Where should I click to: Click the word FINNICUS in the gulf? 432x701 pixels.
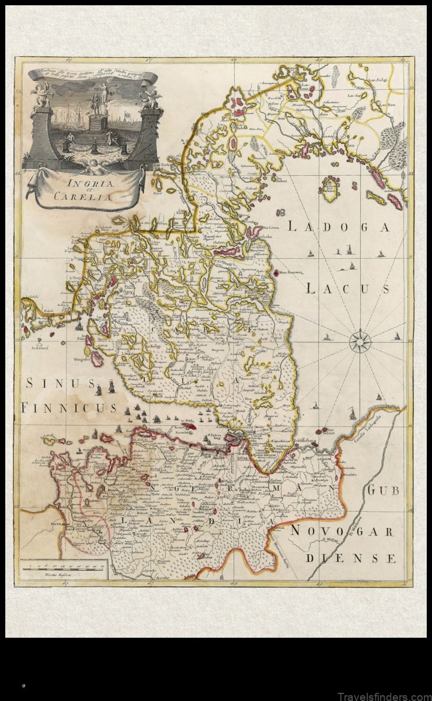click(x=68, y=407)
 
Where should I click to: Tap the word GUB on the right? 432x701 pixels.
click(x=383, y=491)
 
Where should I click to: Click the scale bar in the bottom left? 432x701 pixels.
click(x=62, y=566)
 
